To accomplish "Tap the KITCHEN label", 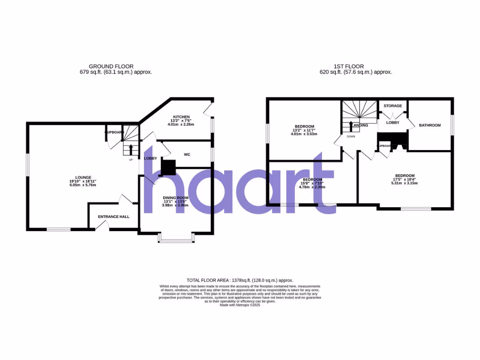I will [x=181, y=117].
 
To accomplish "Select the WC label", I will [x=187, y=154].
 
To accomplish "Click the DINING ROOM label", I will [x=176, y=198].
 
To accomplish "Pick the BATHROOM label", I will [x=430, y=125].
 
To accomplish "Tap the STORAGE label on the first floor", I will [x=393, y=106].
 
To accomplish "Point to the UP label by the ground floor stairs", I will [x=131, y=160].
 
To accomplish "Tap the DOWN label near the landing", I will [x=352, y=137].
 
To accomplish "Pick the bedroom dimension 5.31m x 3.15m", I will [x=404, y=183].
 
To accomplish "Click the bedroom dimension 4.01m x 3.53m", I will [x=304, y=134].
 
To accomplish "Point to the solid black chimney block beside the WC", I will [x=168, y=166].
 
